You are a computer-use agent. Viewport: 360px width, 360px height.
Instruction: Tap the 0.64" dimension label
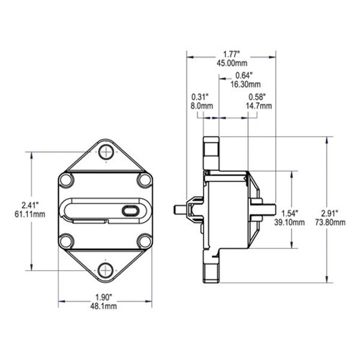[x=242, y=75]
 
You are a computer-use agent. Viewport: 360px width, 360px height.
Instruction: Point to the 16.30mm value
[x=245, y=84]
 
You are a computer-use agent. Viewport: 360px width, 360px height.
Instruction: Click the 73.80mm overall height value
[x=331, y=222]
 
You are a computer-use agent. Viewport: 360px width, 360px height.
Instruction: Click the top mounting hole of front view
[x=106, y=151]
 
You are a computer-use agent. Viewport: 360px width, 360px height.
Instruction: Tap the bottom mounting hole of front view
[x=106, y=269]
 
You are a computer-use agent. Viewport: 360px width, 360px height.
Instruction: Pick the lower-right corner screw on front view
[x=144, y=241]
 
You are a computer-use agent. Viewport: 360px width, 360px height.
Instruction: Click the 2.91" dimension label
[x=330, y=212]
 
